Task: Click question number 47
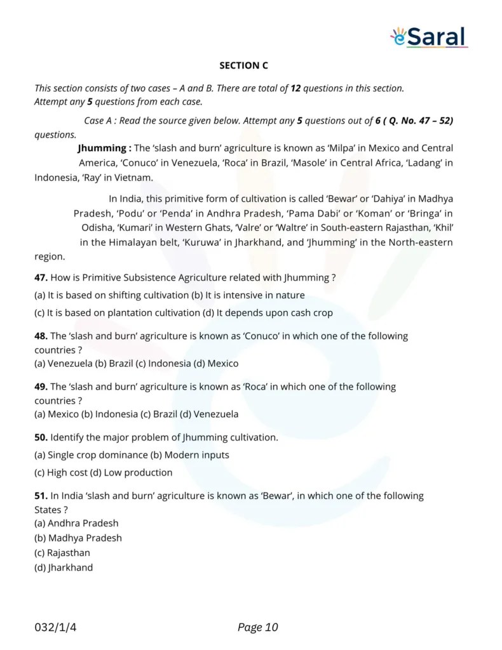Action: pyautogui.click(x=41, y=277)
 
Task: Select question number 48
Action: pyautogui.click(x=41, y=336)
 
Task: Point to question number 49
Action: pyautogui.click(x=41, y=387)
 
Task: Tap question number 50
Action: pyautogui.click(x=41, y=437)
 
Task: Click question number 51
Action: pyautogui.click(x=41, y=496)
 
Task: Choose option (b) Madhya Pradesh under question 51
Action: pyautogui.click(x=78, y=538)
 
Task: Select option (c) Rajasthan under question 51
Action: pyautogui.click(x=62, y=553)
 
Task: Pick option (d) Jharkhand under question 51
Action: pyautogui.click(x=64, y=567)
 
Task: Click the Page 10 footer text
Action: pyautogui.click(x=257, y=628)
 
